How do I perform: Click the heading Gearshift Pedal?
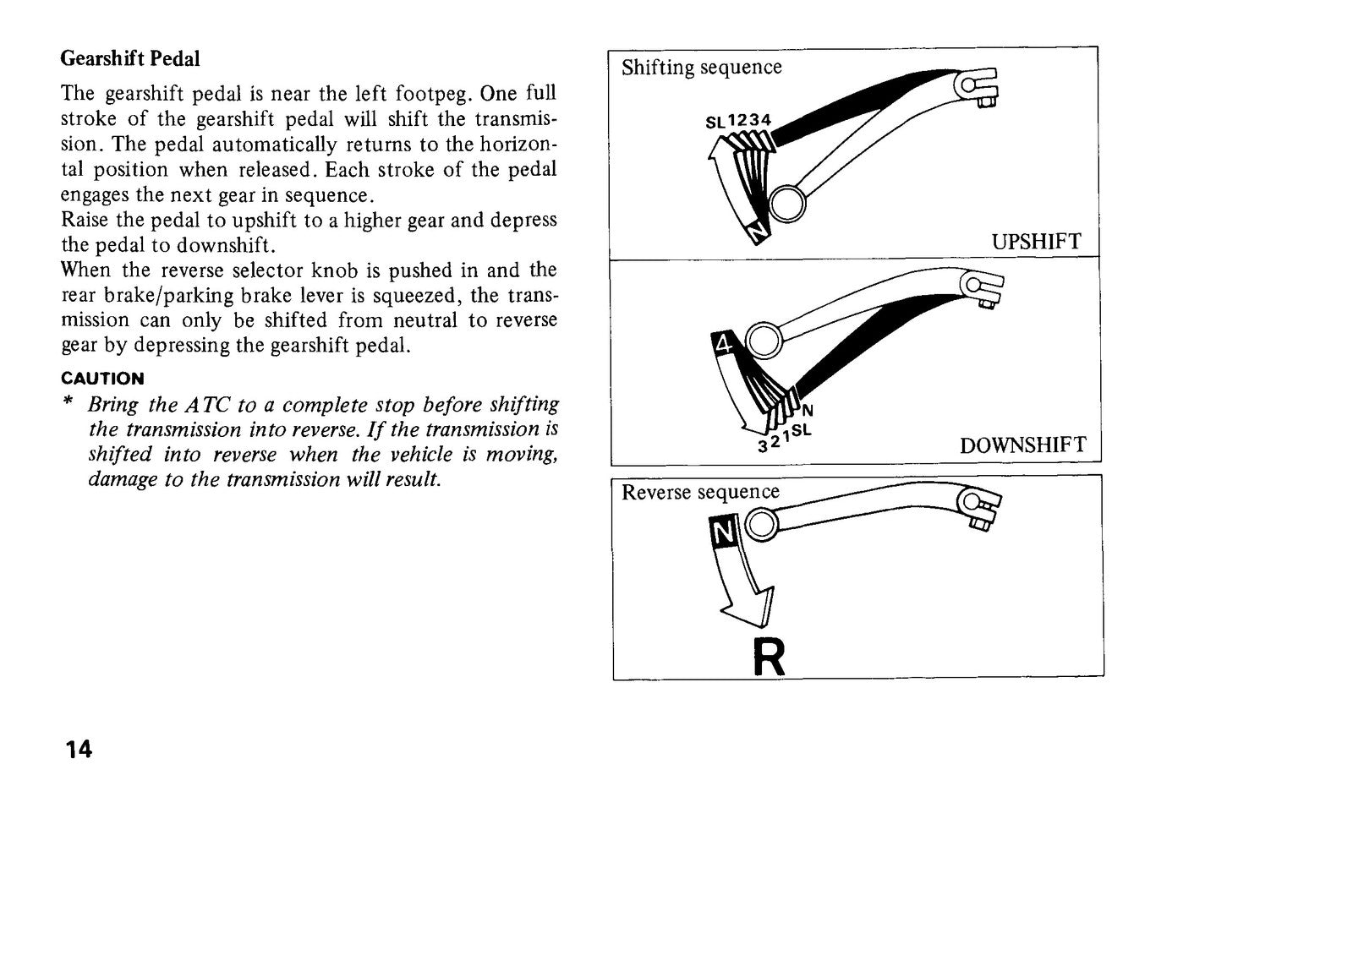coord(130,58)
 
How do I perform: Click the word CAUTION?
coord(102,379)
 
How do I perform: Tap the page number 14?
coord(79,750)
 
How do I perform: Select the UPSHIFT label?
coord(1036,242)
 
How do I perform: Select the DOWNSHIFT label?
coord(1022,445)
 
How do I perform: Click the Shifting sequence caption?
coord(701,67)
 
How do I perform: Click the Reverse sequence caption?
coord(701,492)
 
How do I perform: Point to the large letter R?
coord(769,658)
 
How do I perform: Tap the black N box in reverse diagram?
coord(723,532)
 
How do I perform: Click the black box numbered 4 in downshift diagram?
coord(723,346)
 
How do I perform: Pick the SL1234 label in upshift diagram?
coord(738,121)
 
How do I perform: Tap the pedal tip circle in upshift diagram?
coord(787,204)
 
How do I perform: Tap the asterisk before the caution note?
coord(68,401)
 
